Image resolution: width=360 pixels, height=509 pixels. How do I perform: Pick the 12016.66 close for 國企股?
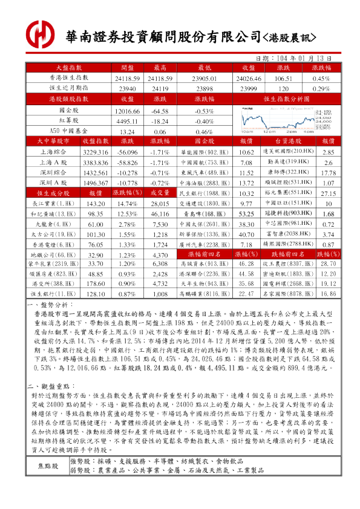click(127, 111)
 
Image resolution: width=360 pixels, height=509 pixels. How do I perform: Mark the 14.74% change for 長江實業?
click(127, 204)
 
